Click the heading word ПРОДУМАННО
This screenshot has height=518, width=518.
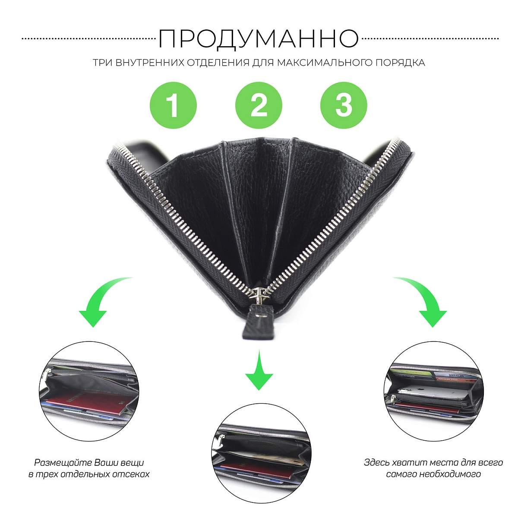259,39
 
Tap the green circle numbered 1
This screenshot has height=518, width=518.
174,105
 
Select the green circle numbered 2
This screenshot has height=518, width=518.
259,105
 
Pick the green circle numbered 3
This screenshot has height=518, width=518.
344,105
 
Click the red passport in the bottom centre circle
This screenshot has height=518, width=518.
257,471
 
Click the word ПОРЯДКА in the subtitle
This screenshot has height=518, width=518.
400,63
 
